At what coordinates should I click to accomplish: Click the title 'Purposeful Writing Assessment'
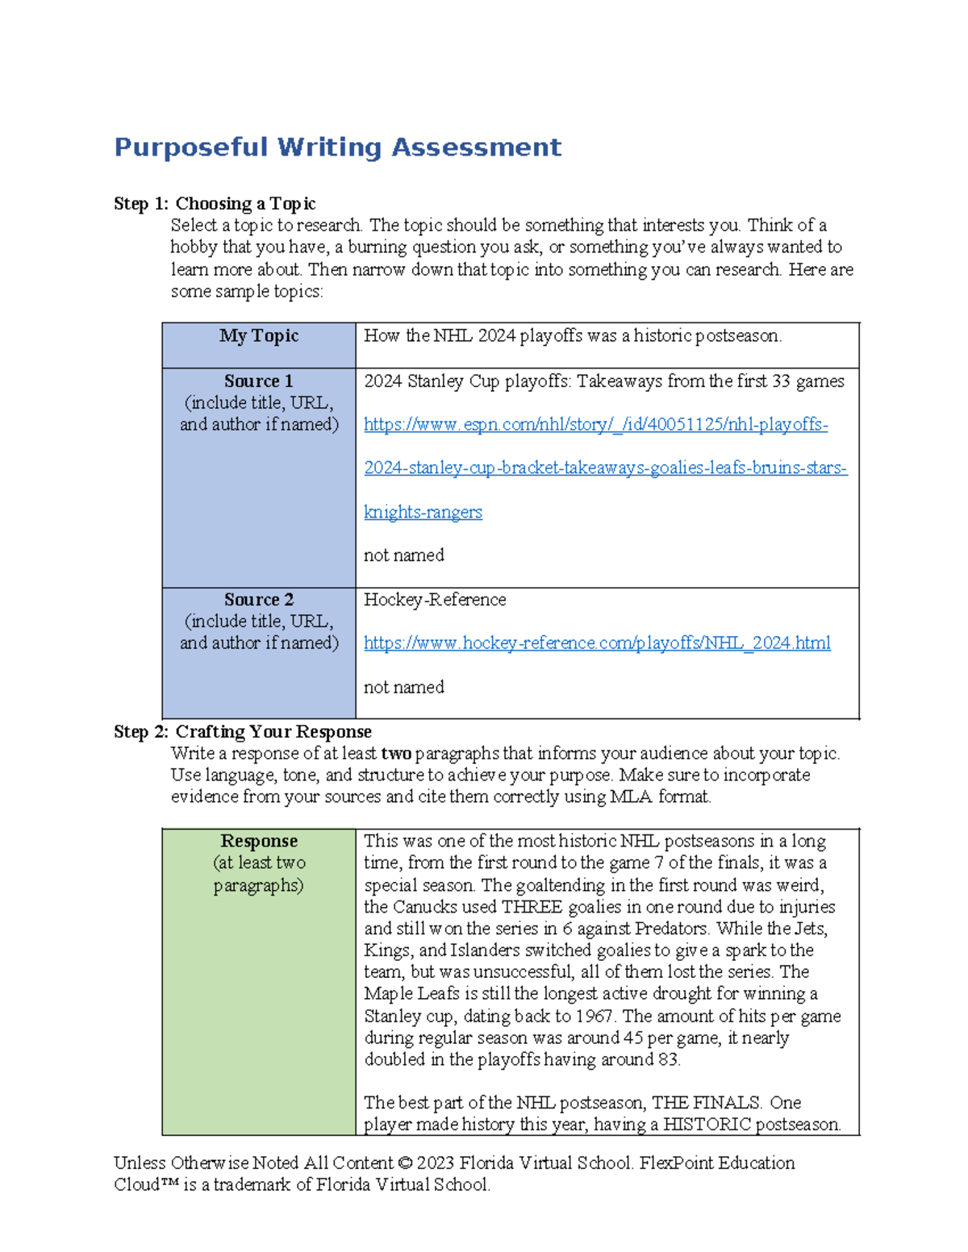pos(337,148)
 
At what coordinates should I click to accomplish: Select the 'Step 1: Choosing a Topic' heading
pos(215,203)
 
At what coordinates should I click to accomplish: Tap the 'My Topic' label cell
pos(259,336)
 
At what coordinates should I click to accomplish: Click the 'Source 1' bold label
pos(258,381)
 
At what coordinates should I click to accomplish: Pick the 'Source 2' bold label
pos(258,599)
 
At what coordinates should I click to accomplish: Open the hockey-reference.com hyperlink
pos(597,643)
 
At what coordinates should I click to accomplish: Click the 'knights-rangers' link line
pos(423,512)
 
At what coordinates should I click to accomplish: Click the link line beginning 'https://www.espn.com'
pos(595,424)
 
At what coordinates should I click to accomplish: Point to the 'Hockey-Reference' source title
pos(435,599)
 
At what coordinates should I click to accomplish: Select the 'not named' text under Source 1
pos(403,555)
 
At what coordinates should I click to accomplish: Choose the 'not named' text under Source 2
pos(403,687)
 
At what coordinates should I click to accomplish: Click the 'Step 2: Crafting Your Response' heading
pos(243,731)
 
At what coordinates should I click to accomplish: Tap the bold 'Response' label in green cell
pos(259,841)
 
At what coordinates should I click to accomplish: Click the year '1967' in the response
pos(595,1016)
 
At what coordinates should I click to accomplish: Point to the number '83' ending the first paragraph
pos(668,1059)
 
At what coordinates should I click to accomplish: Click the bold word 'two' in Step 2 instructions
pos(396,753)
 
